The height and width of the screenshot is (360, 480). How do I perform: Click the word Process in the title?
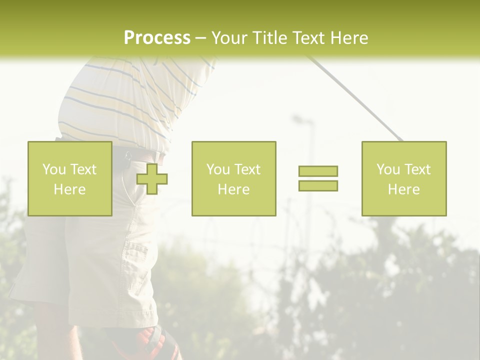[x=157, y=37]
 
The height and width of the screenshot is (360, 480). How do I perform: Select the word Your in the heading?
[x=229, y=37]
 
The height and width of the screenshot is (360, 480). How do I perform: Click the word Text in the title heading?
[x=308, y=37]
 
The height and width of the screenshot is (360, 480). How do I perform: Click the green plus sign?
[x=152, y=179]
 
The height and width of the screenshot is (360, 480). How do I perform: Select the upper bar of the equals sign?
[x=318, y=171]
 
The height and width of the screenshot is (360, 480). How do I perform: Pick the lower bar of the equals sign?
[x=318, y=185]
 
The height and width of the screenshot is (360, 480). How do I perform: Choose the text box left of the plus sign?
[x=70, y=179]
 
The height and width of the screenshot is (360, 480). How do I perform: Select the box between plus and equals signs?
[x=233, y=179]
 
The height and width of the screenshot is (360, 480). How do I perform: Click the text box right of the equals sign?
[x=404, y=179]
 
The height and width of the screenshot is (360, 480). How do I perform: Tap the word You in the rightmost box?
[x=387, y=169]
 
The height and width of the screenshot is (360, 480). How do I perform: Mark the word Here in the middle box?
[x=233, y=189]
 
